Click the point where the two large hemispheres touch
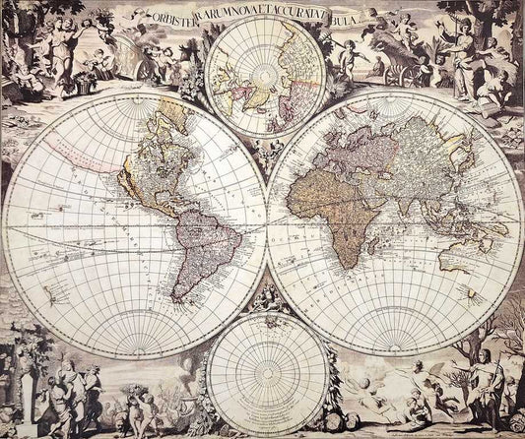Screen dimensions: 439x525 [265, 225]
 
